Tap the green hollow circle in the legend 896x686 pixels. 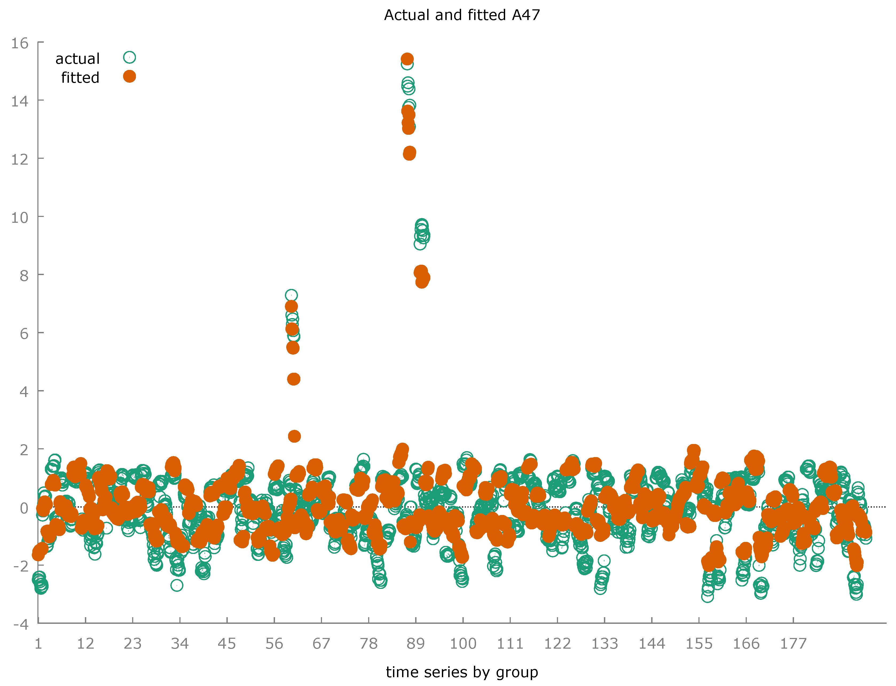tap(129, 58)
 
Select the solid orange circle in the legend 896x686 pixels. tap(129, 76)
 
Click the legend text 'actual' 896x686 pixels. tap(78, 59)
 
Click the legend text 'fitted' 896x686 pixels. tap(80, 78)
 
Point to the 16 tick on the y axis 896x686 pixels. tap(19, 43)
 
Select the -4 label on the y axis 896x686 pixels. tap(21, 624)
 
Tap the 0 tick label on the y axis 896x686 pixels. tap(24, 508)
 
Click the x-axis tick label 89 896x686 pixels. tap(415, 644)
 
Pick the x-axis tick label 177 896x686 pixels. tap(793, 644)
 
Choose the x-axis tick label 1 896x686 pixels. tap(38, 644)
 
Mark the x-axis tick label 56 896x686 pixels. tap(274, 644)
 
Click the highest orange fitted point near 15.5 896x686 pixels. tap(407, 59)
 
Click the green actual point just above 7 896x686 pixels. tap(291, 295)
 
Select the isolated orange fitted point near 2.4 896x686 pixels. tap(294, 436)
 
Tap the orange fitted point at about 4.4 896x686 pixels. tap(293, 379)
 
